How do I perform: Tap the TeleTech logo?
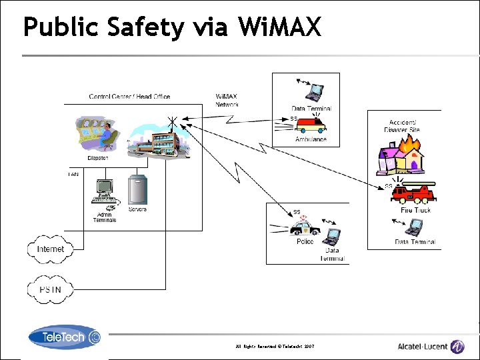pyautogui.click(x=64, y=337)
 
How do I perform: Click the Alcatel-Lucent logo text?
pyautogui.click(x=423, y=346)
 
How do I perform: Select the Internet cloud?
pyautogui.click(x=51, y=249)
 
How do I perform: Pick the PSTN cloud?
pyautogui.click(x=50, y=289)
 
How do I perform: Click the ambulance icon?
pyautogui.click(x=311, y=126)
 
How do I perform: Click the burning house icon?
pyautogui.click(x=401, y=159)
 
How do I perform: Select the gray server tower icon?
pyautogui.click(x=137, y=191)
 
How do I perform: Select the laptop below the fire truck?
pyautogui.click(x=415, y=228)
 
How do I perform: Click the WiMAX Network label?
pyautogui.click(x=227, y=101)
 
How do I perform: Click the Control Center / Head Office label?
pyautogui.click(x=129, y=97)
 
